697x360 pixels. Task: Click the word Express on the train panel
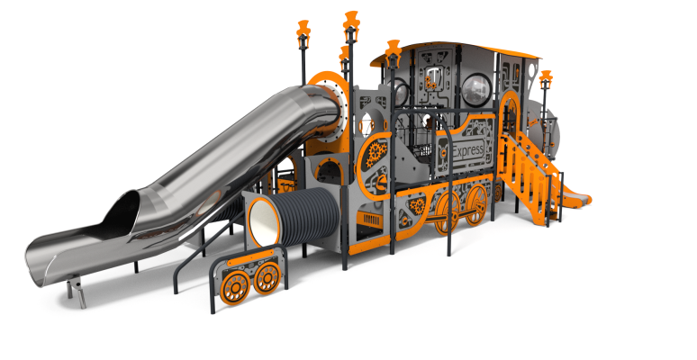click(x=467, y=150)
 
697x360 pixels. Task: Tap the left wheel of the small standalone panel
click(x=235, y=287)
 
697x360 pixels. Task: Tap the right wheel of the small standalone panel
click(x=267, y=278)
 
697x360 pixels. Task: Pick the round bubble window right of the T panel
click(x=476, y=89)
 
